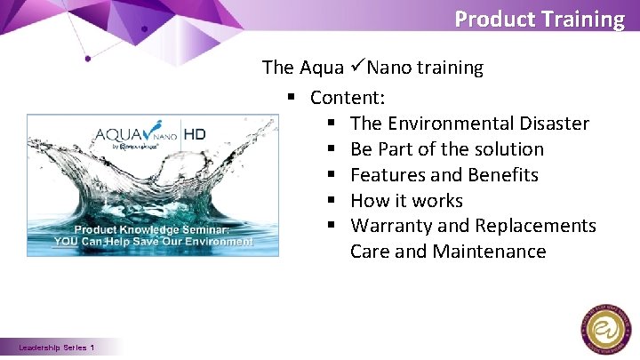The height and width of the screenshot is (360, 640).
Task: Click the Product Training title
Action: [540, 19]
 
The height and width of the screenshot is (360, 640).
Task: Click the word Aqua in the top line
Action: [323, 68]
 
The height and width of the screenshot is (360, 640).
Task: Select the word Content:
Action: [348, 97]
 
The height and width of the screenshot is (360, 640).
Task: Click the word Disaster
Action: [550, 123]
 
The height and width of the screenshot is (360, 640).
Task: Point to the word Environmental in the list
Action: [445, 123]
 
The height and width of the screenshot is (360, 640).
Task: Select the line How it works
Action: [406, 200]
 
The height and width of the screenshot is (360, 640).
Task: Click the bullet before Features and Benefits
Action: [330, 175]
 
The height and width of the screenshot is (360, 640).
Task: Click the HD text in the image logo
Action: [196, 136]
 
